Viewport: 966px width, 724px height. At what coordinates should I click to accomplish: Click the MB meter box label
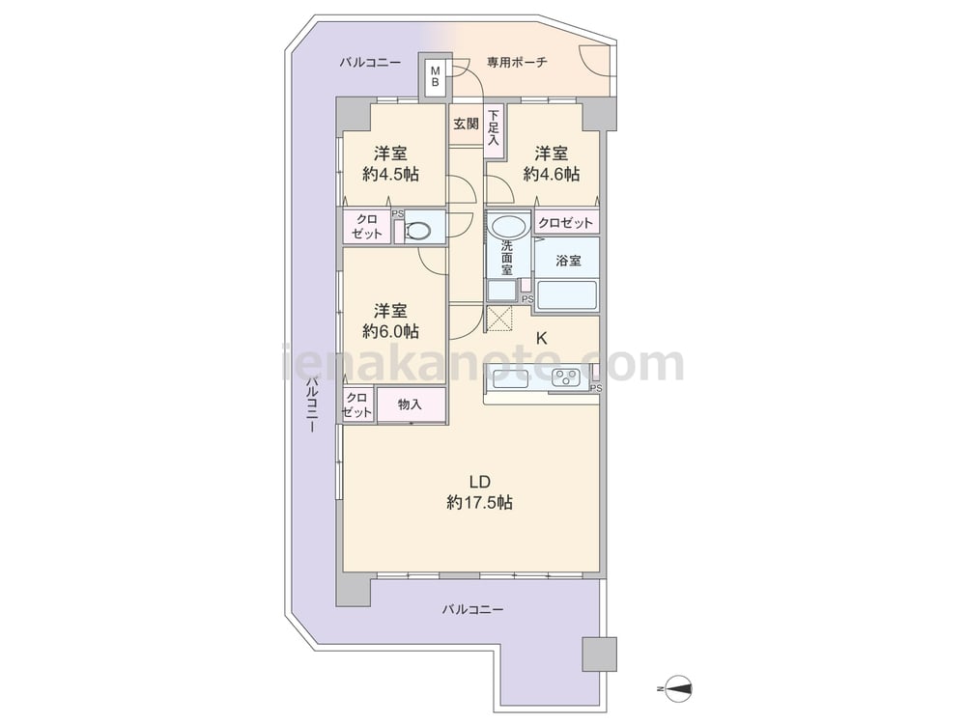click(x=435, y=75)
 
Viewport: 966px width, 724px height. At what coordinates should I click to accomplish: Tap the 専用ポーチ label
click(x=517, y=62)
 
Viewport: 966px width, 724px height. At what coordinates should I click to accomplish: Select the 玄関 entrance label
click(x=467, y=124)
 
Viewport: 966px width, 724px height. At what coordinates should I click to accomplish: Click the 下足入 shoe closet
click(x=494, y=126)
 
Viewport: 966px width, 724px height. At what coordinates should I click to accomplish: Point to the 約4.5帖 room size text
click(x=390, y=175)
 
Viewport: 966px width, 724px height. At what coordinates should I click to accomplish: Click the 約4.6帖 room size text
click(x=552, y=175)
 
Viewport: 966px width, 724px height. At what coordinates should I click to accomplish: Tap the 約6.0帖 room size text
click(x=390, y=332)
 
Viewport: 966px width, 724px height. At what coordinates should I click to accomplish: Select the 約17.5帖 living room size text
click(x=479, y=503)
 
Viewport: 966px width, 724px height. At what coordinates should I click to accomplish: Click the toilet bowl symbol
click(x=419, y=232)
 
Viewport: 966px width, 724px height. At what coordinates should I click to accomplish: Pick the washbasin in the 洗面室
click(x=509, y=226)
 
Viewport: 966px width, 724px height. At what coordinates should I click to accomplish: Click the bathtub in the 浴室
click(x=567, y=294)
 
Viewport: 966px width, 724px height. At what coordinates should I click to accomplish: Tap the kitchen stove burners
click(x=565, y=377)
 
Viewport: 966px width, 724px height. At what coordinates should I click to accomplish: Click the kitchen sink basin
click(x=511, y=379)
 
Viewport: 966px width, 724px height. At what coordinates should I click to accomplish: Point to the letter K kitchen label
click(x=541, y=338)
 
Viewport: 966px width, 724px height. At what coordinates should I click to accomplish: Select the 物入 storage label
click(x=410, y=404)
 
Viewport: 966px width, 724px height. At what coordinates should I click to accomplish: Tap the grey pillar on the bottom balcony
click(x=600, y=654)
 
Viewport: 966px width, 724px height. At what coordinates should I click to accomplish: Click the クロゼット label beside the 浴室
click(x=565, y=223)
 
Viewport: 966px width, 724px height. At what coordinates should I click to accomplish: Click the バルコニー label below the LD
click(x=472, y=610)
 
